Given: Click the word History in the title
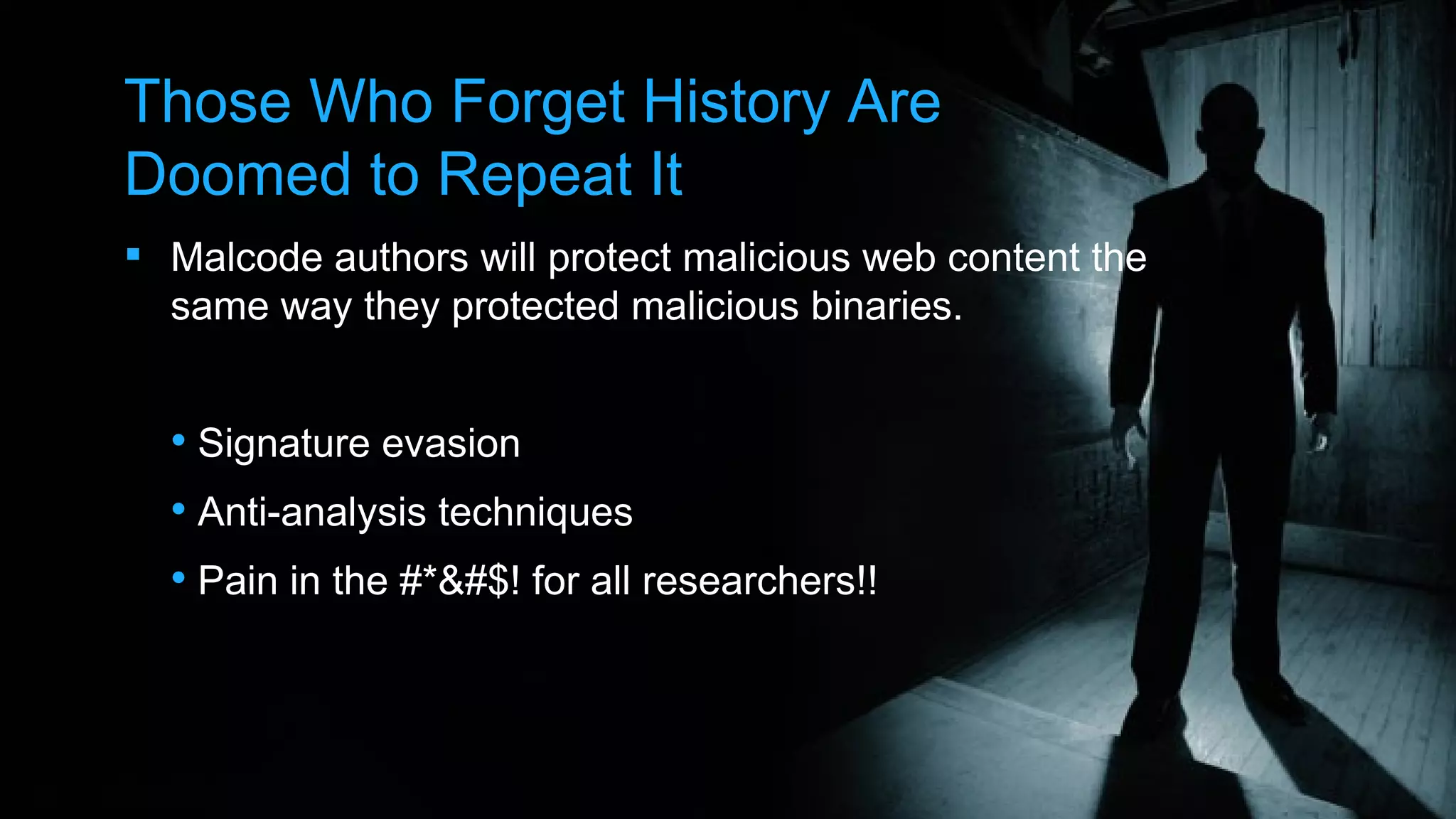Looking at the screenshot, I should (x=736, y=102).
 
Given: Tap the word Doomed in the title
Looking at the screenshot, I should (x=238, y=175).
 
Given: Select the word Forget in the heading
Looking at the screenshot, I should (x=538, y=102).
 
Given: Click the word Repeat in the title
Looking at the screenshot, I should (x=534, y=175).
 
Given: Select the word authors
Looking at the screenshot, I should (x=402, y=257).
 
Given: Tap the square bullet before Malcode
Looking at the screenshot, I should (x=133, y=254).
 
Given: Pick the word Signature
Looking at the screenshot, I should (x=284, y=444).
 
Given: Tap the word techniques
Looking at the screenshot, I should (x=535, y=513).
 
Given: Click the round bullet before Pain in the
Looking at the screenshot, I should (x=178, y=578).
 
